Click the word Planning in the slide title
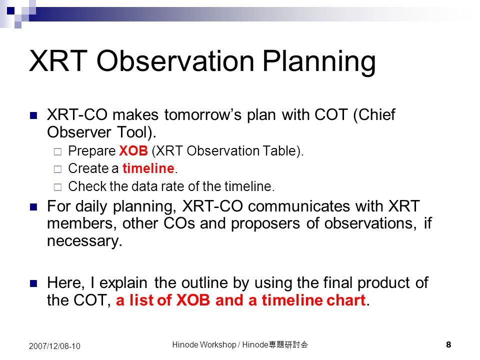tap(319, 61)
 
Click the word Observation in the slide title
tap(175, 60)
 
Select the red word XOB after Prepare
tap(133, 151)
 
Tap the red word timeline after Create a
tap(148, 168)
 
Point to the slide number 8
tap(448, 344)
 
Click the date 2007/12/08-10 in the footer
tap(54, 346)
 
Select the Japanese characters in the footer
tap(288, 344)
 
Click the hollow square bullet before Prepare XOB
tap(57, 151)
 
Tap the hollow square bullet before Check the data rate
tap(57, 187)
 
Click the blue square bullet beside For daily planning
tap(33, 207)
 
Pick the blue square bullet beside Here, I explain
tap(33, 284)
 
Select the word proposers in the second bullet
tap(265, 224)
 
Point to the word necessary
tap(85, 241)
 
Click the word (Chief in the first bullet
tap(374, 115)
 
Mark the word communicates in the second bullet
tap(299, 206)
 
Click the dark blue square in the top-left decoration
tap(10, 11)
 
